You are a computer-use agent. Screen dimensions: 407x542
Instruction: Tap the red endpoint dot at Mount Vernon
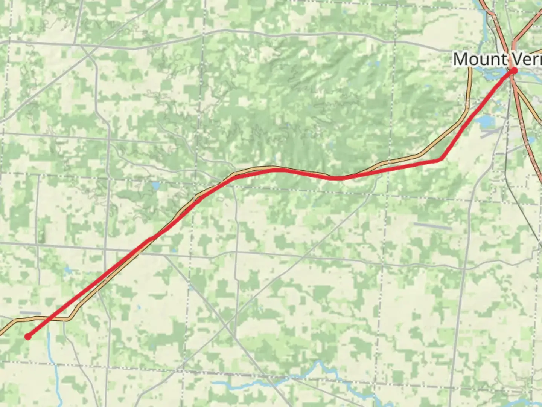pos(513,70)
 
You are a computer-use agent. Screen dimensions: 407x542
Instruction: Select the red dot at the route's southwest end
pos(28,336)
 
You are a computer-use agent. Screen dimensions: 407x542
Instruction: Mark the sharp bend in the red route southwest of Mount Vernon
pos(440,160)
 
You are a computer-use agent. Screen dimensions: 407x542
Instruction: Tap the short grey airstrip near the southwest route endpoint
pos(30,312)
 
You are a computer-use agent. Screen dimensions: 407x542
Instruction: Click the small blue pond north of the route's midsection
pos(155,185)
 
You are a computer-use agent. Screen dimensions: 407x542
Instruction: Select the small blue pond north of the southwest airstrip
pos(68,270)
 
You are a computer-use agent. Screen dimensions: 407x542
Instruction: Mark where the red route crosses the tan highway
pos(152,237)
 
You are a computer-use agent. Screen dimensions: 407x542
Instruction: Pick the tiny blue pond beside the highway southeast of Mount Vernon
pos(531,140)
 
